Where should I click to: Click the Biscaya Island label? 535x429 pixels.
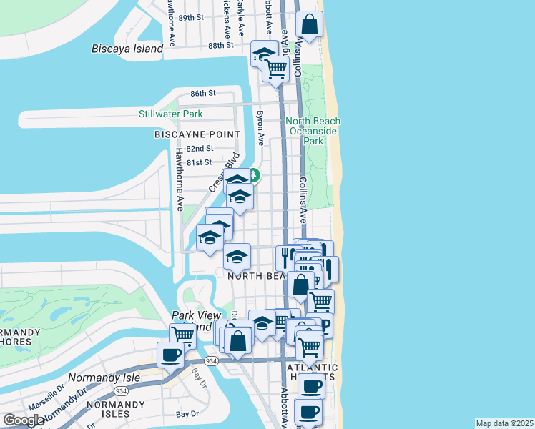tap(127, 49)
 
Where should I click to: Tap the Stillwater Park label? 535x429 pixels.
tap(170, 114)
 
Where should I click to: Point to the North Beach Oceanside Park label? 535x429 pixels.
tap(313, 132)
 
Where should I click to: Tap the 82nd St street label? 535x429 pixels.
tap(200, 149)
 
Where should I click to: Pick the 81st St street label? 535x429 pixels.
tap(199, 162)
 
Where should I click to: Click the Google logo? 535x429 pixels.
tap(24, 420)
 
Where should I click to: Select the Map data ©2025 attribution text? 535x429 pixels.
tap(504, 423)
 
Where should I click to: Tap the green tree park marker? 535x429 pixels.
tap(254, 175)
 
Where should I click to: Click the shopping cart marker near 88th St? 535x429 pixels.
tap(275, 69)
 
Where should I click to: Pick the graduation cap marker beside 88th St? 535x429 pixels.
tap(263, 54)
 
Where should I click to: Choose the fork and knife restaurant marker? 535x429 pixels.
tap(287, 257)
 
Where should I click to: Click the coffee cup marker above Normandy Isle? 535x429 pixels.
tap(171, 354)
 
